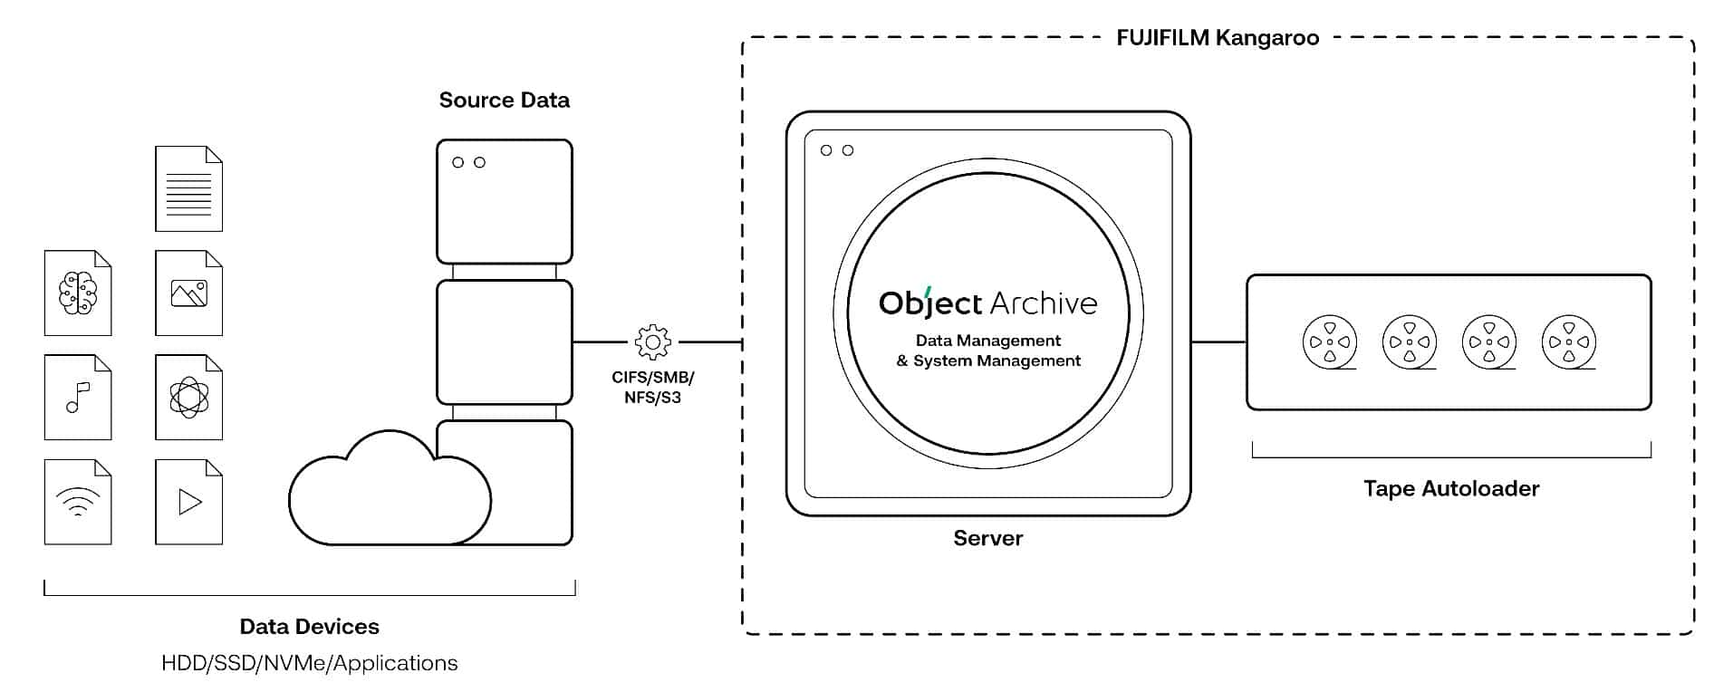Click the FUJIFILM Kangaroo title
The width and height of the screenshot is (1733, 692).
pos(1217,38)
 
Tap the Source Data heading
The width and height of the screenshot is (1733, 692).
pos(504,100)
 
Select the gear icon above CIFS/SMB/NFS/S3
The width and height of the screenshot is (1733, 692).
pos(653,342)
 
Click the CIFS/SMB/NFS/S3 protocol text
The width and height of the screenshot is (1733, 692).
pos(652,388)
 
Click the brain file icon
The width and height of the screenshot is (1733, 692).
pos(78,293)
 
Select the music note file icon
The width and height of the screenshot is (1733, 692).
pos(78,398)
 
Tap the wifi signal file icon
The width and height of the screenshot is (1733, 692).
pos(78,502)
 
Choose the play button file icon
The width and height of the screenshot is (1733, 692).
pos(188,502)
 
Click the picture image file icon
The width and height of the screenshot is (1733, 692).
pos(188,293)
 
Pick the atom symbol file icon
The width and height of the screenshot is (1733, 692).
pos(188,398)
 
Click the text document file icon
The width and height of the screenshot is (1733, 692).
pos(188,189)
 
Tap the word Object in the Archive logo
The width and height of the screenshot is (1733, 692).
pos(930,303)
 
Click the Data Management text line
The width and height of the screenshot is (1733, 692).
pos(987,341)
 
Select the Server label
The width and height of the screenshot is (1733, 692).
pos(987,538)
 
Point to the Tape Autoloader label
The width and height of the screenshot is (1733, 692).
pos(1450,489)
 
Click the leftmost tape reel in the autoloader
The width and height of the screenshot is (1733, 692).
pos(1330,342)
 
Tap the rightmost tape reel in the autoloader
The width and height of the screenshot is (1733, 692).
pos(1569,342)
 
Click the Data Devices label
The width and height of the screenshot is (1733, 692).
pos(309,627)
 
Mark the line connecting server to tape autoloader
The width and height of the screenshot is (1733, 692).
pos(1218,342)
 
